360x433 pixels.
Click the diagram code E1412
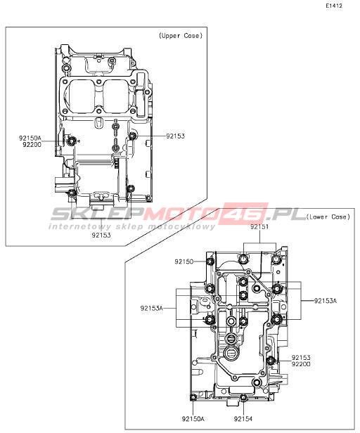pos(334,6)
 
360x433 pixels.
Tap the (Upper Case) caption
pos(181,36)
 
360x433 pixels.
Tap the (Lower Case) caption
pos(328,216)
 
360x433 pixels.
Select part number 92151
pos(259,227)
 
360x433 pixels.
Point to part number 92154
pos(243,419)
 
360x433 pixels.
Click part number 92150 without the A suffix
pos(184,261)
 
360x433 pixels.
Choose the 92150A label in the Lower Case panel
pos(193,419)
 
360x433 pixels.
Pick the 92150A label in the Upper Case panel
pos(30,138)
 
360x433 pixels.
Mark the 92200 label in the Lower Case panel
pos(301,364)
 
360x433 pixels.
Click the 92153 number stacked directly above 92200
pos(301,358)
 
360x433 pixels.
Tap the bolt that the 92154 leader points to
pos(243,398)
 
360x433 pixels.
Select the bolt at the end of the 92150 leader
pos(210,261)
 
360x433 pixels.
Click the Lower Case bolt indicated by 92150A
pos(193,397)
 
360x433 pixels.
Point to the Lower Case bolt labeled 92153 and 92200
pos(271,360)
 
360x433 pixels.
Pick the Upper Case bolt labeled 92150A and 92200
pos(71,142)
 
